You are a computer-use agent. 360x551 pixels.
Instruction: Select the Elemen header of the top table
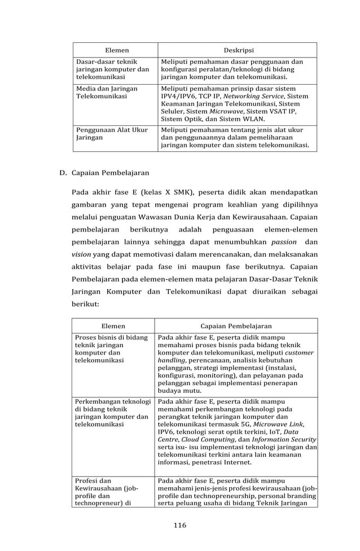pos(118,50)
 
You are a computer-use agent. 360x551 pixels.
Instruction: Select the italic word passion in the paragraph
pos(284,242)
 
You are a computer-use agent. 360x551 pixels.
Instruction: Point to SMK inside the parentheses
pos(180,193)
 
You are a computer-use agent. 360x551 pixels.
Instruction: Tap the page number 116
pos(180,525)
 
